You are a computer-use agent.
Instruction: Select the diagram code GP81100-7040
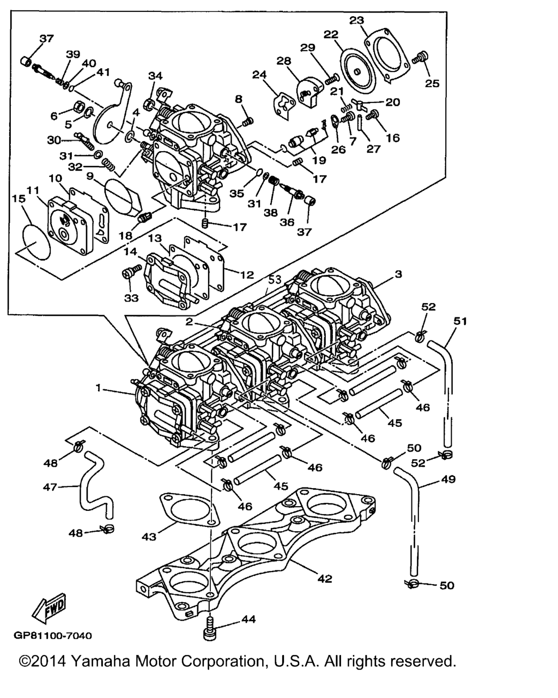[53, 636]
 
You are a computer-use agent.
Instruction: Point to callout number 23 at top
[356, 21]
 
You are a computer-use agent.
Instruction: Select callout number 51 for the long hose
[461, 321]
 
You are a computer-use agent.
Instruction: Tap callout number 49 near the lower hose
[448, 479]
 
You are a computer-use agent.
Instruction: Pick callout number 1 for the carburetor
[99, 388]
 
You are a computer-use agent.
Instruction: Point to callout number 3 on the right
[398, 274]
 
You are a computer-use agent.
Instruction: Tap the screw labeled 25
[421, 57]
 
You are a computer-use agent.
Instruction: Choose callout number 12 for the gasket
[247, 275]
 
